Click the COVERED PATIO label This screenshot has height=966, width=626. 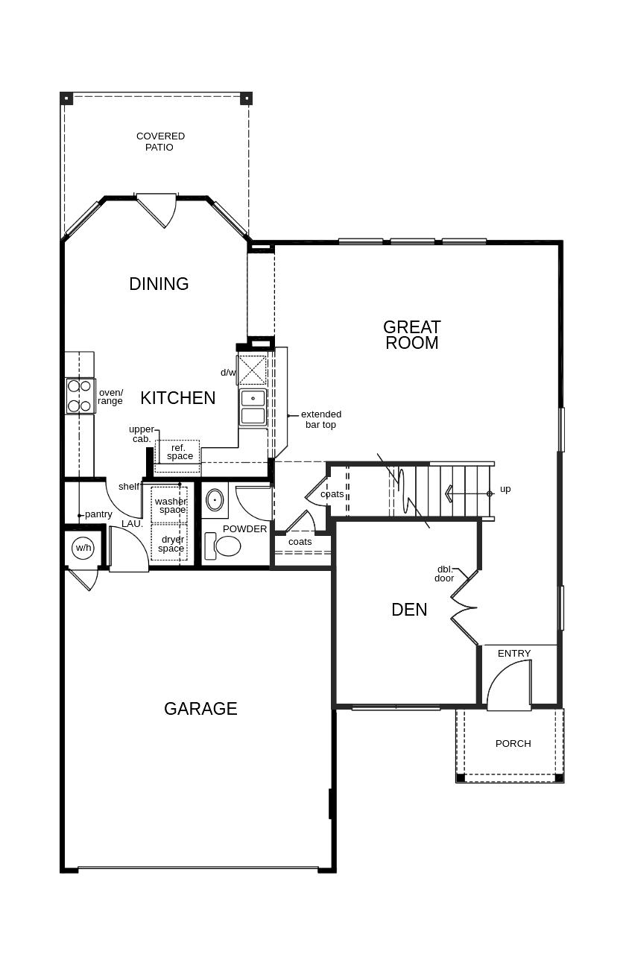coord(160,142)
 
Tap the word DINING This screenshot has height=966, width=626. coord(159,284)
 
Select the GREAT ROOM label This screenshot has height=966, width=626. coord(411,335)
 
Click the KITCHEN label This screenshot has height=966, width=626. coord(177,397)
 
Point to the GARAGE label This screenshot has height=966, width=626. coord(200,709)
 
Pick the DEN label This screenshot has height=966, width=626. coord(409,610)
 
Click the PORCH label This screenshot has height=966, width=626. coord(513,743)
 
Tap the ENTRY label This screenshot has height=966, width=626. coord(514,654)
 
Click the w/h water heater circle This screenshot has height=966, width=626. coord(83,548)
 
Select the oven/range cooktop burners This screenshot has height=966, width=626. coord(80,396)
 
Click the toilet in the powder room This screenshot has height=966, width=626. coord(223,546)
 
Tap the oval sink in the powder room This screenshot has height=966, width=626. coord(215,500)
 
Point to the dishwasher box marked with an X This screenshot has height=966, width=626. coord(252,370)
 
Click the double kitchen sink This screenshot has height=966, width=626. coord(253,407)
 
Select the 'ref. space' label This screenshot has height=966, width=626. coord(180,452)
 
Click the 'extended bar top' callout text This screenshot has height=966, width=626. coord(320,419)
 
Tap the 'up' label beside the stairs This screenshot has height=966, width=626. coord(505,489)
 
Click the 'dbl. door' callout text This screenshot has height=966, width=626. coord(444,574)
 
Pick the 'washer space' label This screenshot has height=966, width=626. coord(171,505)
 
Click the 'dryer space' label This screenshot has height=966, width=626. coord(171,544)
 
